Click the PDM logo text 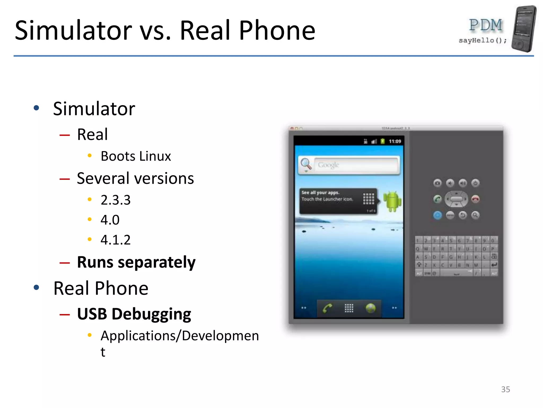coord(486,25)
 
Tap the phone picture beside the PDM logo coord(524,28)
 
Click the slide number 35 coord(505,389)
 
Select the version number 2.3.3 coord(116,200)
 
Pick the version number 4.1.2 coord(116,240)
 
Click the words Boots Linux coord(136,156)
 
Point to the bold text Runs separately coord(136,262)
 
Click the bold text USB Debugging coord(134,314)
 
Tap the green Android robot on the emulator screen coord(392,201)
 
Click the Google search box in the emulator coord(356,165)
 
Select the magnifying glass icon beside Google coord(306,164)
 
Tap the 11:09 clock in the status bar coord(395,141)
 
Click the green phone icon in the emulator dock coord(327,308)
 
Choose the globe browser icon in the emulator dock coord(370,308)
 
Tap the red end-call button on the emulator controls coord(475,199)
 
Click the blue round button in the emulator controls coord(437,215)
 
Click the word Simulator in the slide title coord(73,31)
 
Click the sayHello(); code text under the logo coord(483,40)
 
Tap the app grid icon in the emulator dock coord(349,308)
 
